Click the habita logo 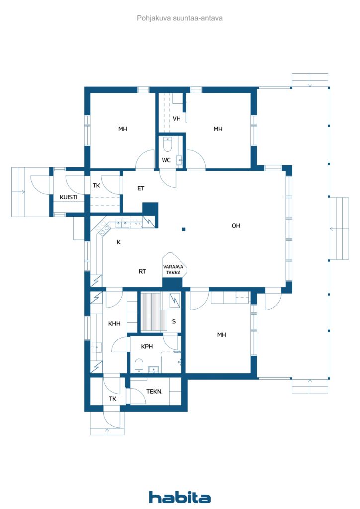point(180,497)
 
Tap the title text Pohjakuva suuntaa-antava point(180,18)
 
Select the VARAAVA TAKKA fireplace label point(174,270)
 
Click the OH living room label point(236,226)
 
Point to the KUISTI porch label point(69,197)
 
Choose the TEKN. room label point(154,392)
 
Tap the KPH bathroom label point(147,346)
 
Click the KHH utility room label point(114,323)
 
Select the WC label point(166,160)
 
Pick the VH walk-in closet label point(177,118)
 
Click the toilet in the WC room point(167,144)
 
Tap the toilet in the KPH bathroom point(139,366)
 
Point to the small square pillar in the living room point(184,229)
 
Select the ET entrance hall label point(141,188)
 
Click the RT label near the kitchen point(142,271)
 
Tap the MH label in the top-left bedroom point(123,129)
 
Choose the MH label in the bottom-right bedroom point(222,335)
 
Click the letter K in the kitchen point(118,242)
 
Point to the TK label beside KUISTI point(97,186)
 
